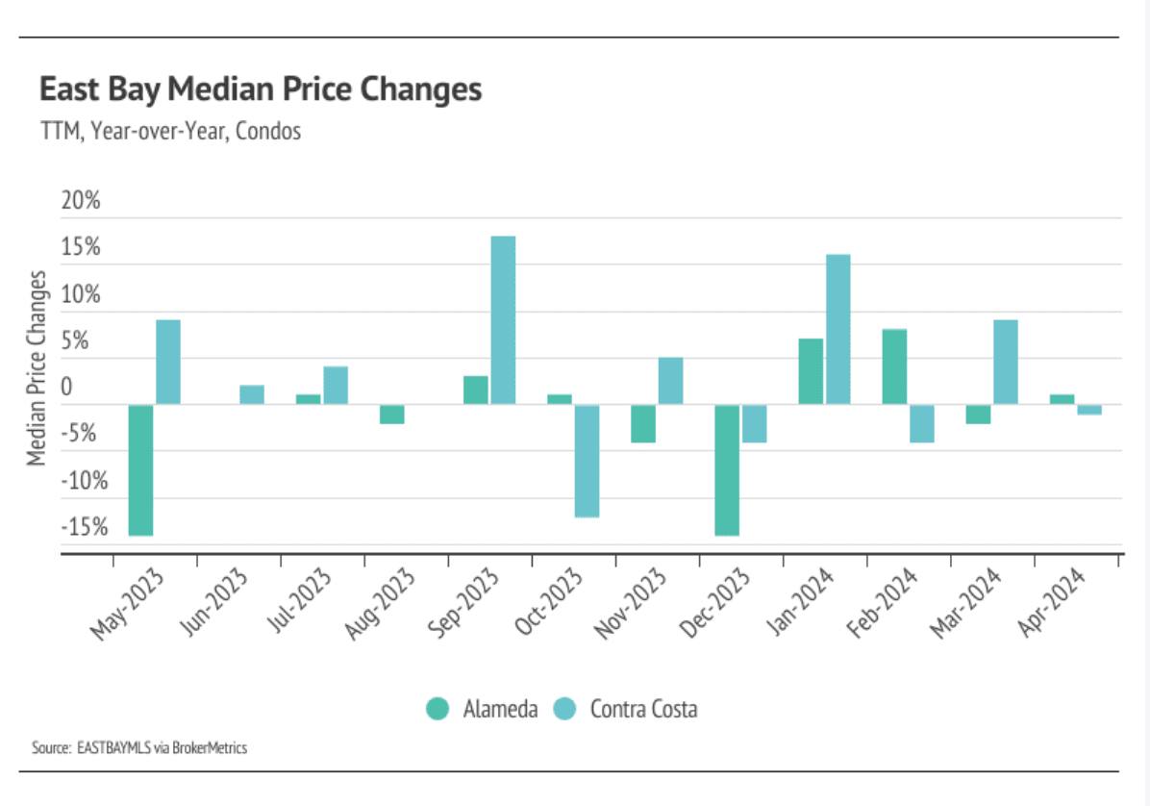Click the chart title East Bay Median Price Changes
(260, 90)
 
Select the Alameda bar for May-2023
(141, 469)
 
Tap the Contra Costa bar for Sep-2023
(503, 319)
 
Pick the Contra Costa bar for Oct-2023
(587, 461)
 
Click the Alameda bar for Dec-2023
(727, 469)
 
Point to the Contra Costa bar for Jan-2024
(837, 329)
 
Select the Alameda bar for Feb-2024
(894, 366)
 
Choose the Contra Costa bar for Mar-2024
(1006, 362)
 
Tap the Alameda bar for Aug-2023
(391, 415)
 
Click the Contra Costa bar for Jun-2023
(252, 394)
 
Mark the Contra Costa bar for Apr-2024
(1089, 410)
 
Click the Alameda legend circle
(438, 710)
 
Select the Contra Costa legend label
(643, 710)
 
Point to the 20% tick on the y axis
(81, 202)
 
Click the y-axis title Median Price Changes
(37, 367)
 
